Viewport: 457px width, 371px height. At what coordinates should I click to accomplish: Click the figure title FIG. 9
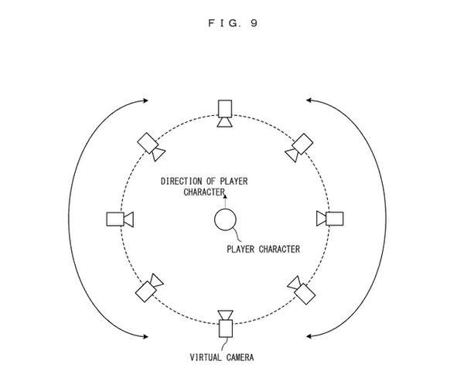(x=233, y=23)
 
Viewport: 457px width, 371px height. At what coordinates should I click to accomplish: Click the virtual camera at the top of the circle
(x=225, y=114)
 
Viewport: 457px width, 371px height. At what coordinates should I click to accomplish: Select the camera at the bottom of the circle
(x=226, y=324)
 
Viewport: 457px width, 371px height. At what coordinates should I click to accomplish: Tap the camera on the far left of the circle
(x=120, y=220)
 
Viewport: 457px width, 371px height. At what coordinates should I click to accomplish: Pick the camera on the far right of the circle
(x=330, y=219)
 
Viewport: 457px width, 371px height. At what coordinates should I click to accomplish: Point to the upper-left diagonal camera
(x=151, y=147)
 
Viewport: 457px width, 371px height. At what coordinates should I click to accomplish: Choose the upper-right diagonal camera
(x=299, y=148)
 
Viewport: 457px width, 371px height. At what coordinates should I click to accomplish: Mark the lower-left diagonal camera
(x=149, y=288)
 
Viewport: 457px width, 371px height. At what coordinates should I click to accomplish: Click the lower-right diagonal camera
(x=302, y=290)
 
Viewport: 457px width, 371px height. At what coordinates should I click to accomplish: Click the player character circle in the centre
(x=225, y=220)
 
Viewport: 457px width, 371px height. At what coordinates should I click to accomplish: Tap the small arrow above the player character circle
(x=225, y=202)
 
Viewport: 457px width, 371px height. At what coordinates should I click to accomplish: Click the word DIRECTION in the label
(x=181, y=181)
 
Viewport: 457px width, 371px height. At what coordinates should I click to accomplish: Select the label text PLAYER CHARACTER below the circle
(x=264, y=250)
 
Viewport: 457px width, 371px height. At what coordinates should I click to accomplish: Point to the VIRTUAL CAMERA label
(x=222, y=357)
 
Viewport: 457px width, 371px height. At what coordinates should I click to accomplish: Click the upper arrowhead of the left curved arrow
(x=145, y=100)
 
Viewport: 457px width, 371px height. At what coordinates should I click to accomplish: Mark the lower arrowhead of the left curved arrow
(x=145, y=337)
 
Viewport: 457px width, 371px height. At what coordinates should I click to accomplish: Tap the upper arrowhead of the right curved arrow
(x=309, y=100)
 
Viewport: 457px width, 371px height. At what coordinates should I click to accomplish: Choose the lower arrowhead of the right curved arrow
(x=309, y=336)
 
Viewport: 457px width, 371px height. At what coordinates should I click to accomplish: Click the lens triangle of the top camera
(x=225, y=122)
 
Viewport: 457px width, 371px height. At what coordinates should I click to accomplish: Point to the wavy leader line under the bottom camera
(x=224, y=345)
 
